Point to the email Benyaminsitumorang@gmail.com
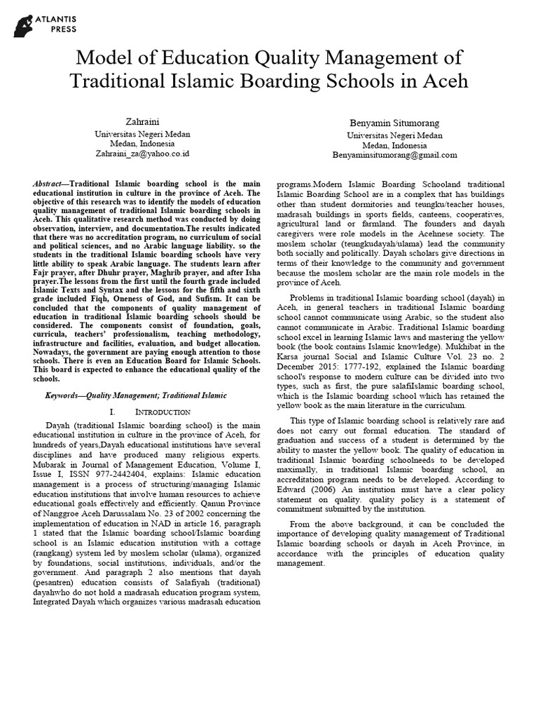[x=395, y=155]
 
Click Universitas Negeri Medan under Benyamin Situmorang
[x=395, y=135]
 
